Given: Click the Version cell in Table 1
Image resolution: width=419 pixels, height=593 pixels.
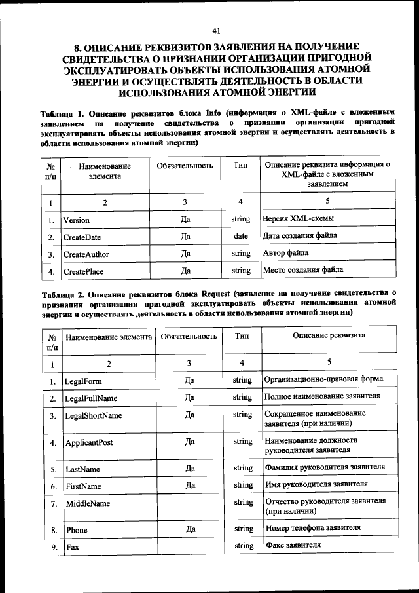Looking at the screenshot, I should (76, 220).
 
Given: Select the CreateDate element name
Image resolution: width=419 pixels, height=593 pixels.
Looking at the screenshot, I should (82, 237).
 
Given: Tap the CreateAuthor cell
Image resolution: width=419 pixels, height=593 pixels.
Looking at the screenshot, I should (86, 254).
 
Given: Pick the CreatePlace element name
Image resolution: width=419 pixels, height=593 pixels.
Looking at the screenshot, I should (83, 271).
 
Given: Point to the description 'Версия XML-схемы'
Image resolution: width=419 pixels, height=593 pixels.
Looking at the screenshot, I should (295, 219).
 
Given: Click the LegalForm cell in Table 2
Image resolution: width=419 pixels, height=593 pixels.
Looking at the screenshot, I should (83, 381).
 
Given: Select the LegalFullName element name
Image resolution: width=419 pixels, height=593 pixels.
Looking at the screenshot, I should (91, 398).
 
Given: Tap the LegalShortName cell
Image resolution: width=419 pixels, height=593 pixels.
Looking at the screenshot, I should (93, 415).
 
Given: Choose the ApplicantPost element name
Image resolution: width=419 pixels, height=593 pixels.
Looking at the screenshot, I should (89, 442).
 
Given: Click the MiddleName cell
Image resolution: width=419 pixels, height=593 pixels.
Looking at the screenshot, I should (88, 503).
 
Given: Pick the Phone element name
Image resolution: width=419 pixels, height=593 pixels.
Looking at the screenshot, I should (76, 529).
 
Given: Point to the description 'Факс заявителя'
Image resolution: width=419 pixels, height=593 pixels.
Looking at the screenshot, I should (293, 545).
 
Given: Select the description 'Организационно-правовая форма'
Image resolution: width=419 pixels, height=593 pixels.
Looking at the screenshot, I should (323, 379).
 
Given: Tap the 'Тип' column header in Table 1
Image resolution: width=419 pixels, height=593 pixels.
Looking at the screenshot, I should (240, 166).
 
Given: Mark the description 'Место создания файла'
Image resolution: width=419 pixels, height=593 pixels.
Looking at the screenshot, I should (303, 269).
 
